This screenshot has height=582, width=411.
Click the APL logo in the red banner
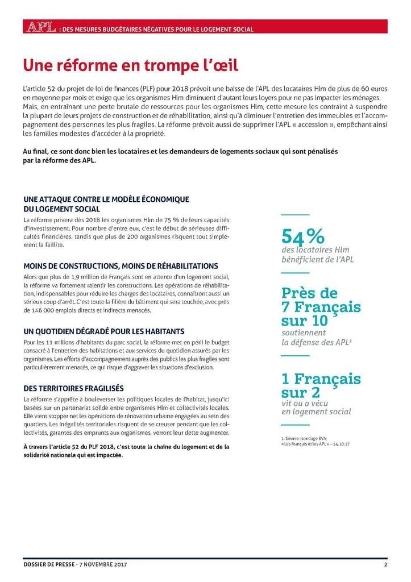[39, 27]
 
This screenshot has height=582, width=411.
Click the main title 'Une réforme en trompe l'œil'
[130, 65]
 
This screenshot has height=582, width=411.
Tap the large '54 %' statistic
[303, 235]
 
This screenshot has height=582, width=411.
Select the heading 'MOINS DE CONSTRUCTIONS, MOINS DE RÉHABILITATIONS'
[121, 266]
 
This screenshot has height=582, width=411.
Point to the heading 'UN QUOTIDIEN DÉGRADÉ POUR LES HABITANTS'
[103, 331]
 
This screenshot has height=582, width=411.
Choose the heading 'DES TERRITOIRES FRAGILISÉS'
[73, 388]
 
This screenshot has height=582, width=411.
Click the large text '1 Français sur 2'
[321, 385]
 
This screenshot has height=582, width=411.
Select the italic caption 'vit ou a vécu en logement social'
[316, 406]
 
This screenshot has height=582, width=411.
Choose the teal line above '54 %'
[296, 215]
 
